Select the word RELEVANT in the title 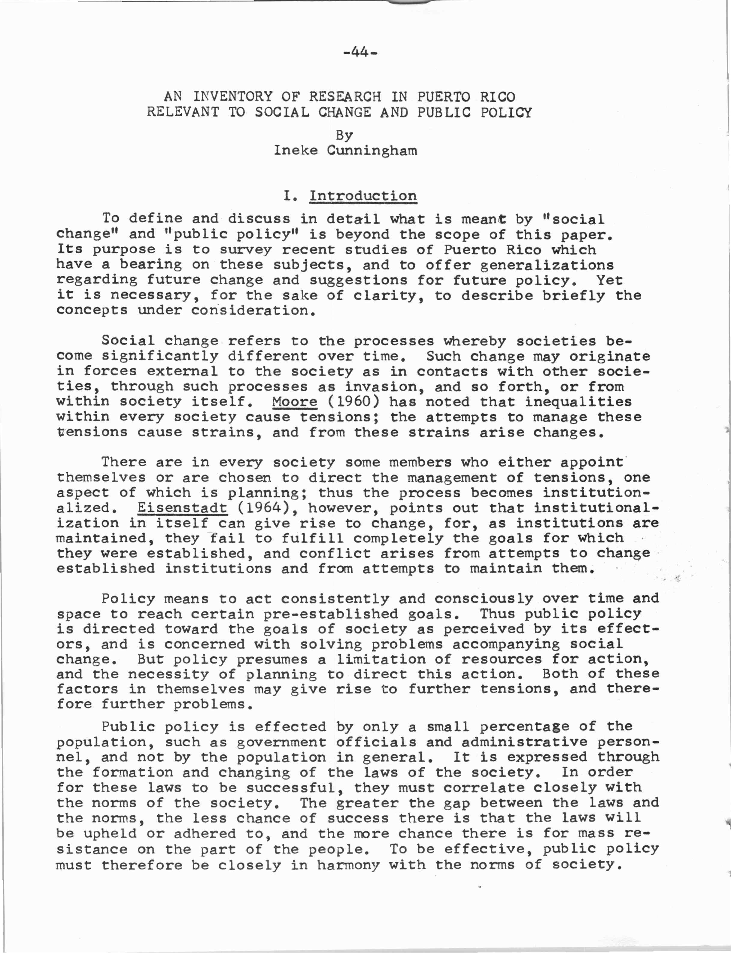[183, 112]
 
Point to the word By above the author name [344, 135]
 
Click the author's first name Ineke [296, 150]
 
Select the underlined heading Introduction [363, 196]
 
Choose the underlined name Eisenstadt [182, 508]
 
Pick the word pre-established [326, 614]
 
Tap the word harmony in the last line [348, 865]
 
